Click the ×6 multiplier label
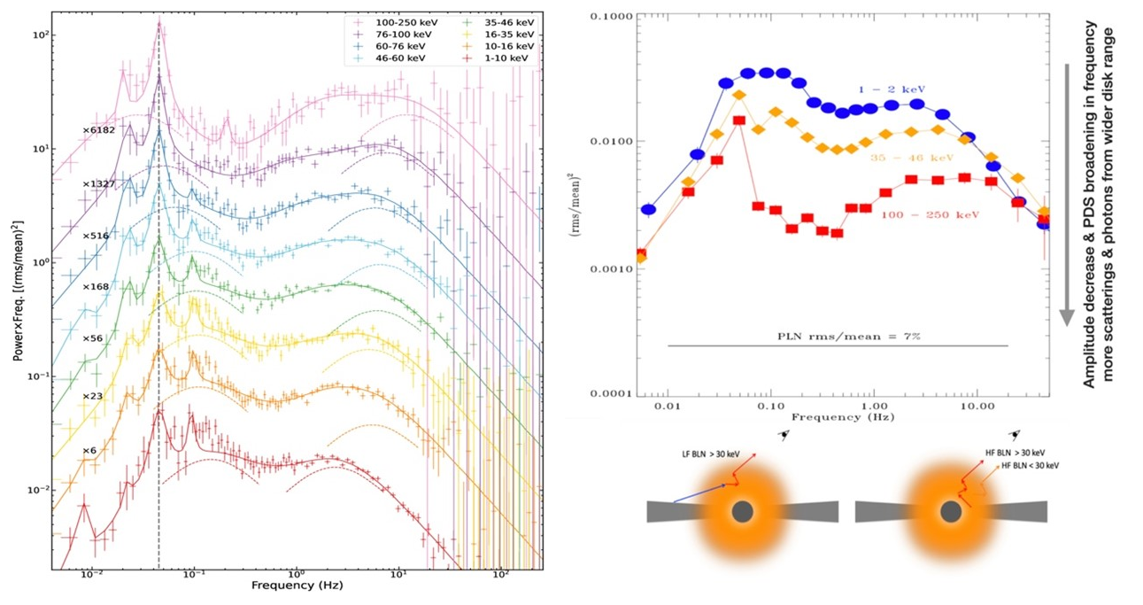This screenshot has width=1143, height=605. click(89, 451)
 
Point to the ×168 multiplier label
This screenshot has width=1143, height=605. click(96, 287)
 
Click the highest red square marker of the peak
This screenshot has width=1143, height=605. click(738, 120)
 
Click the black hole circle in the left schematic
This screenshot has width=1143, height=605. click(742, 511)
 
